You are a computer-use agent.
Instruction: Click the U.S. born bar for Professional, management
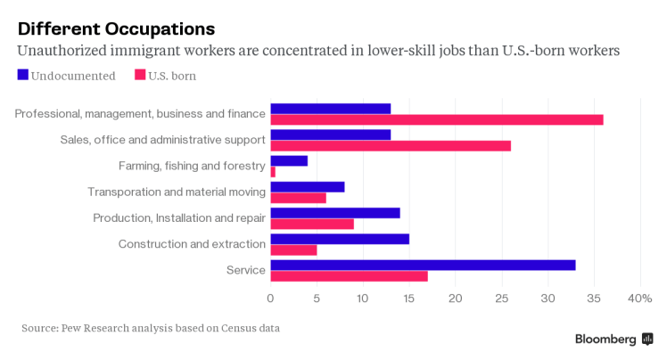coord(437,119)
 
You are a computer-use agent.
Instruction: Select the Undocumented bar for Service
coord(423,265)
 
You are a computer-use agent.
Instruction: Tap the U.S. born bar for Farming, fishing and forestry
coord(273,171)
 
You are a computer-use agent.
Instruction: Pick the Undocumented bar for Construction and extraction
coord(340,239)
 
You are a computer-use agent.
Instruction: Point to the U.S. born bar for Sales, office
coord(391,145)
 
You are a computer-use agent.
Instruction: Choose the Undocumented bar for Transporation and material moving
coord(308,187)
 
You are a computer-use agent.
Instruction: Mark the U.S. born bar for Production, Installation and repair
coord(312,224)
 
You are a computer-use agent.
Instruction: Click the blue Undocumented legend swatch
coord(23,76)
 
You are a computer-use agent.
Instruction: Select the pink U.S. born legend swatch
coord(140,76)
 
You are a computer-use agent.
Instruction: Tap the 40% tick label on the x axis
coord(640,298)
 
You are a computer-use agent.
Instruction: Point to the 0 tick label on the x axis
coord(270,298)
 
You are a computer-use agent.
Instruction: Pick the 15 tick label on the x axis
coord(409,298)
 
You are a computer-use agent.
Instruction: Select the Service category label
coord(245,270)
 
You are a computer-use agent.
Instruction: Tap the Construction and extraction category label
coord(192,244)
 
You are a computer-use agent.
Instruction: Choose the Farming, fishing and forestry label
coord(192,166)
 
